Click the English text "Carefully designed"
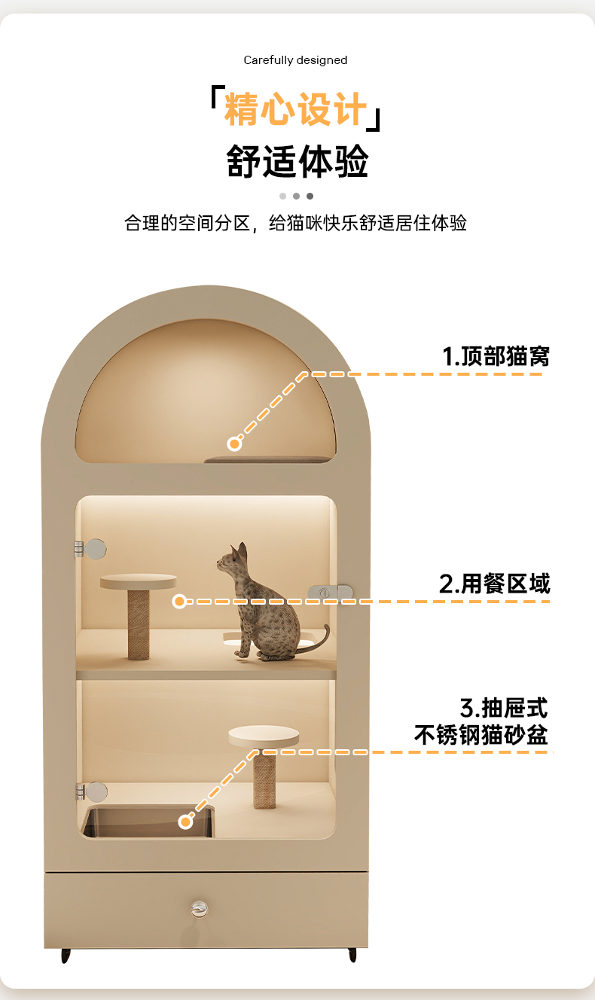pyautogui.click(x=295, y=60)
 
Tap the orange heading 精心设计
pyautogui.click(x=295, y=110)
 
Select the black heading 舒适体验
pyautogui.click(x=297, y=161)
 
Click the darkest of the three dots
pyautogui.click(x=310, y=196)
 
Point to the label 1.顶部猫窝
pyautogui.click(x=496, y=355)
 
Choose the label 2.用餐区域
pyautogui.click(x=494, y=583)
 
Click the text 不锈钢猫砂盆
pyautogui.click(x=481, y=734)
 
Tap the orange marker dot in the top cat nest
pyautogui.click(x=234, y=444)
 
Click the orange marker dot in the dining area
pyautogui.click(x=179, y=601)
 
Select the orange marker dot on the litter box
pyautogui.click(x=186, y=822)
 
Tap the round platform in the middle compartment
pyautogui.click(x=139, y=581)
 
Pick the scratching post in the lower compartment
pyautogui.click(x=264, y=779)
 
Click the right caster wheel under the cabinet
pyautogui.click(x=352, y=955)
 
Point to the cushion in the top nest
pyautogui.click(x=267, y=459)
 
